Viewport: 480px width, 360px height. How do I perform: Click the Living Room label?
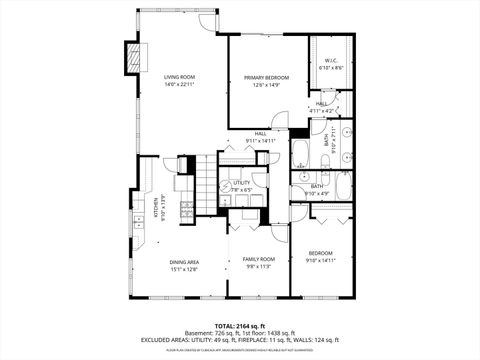[179, 77]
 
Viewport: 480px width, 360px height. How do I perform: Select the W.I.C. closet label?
[332, 61]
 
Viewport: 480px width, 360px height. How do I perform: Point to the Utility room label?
[241, 183]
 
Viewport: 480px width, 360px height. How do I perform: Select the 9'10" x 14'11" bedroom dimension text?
[320, 260]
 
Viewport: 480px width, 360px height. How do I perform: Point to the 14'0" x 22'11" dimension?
[179, 85]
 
